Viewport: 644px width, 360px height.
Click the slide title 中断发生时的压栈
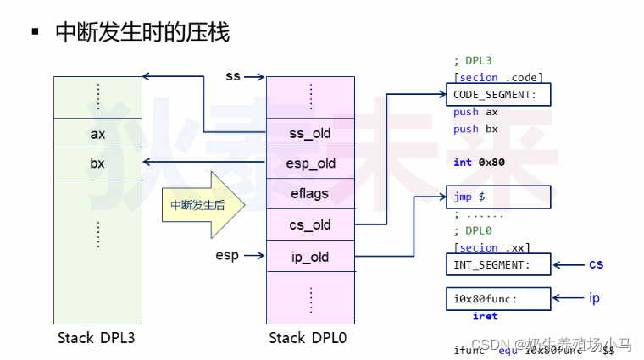[142, 33]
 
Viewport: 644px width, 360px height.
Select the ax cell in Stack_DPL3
[97, 134]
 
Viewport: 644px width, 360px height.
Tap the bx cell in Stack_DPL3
[97, 163]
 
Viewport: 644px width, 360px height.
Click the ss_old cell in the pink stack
[310, 133]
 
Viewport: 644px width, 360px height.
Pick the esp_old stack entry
[310, 163]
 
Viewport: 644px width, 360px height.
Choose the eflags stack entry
[310, 194]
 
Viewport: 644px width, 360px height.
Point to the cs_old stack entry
[310, 225]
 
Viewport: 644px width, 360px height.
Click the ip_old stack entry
[310, 257]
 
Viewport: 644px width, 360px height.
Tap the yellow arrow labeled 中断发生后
[202, 205]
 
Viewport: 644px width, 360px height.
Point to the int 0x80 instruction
[479, 162]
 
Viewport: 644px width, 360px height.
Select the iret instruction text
[485, 316]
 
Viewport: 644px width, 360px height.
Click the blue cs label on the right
[596, 264]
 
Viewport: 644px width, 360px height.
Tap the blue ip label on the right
[594, 298]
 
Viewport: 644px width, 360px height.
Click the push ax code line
[476, 112]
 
